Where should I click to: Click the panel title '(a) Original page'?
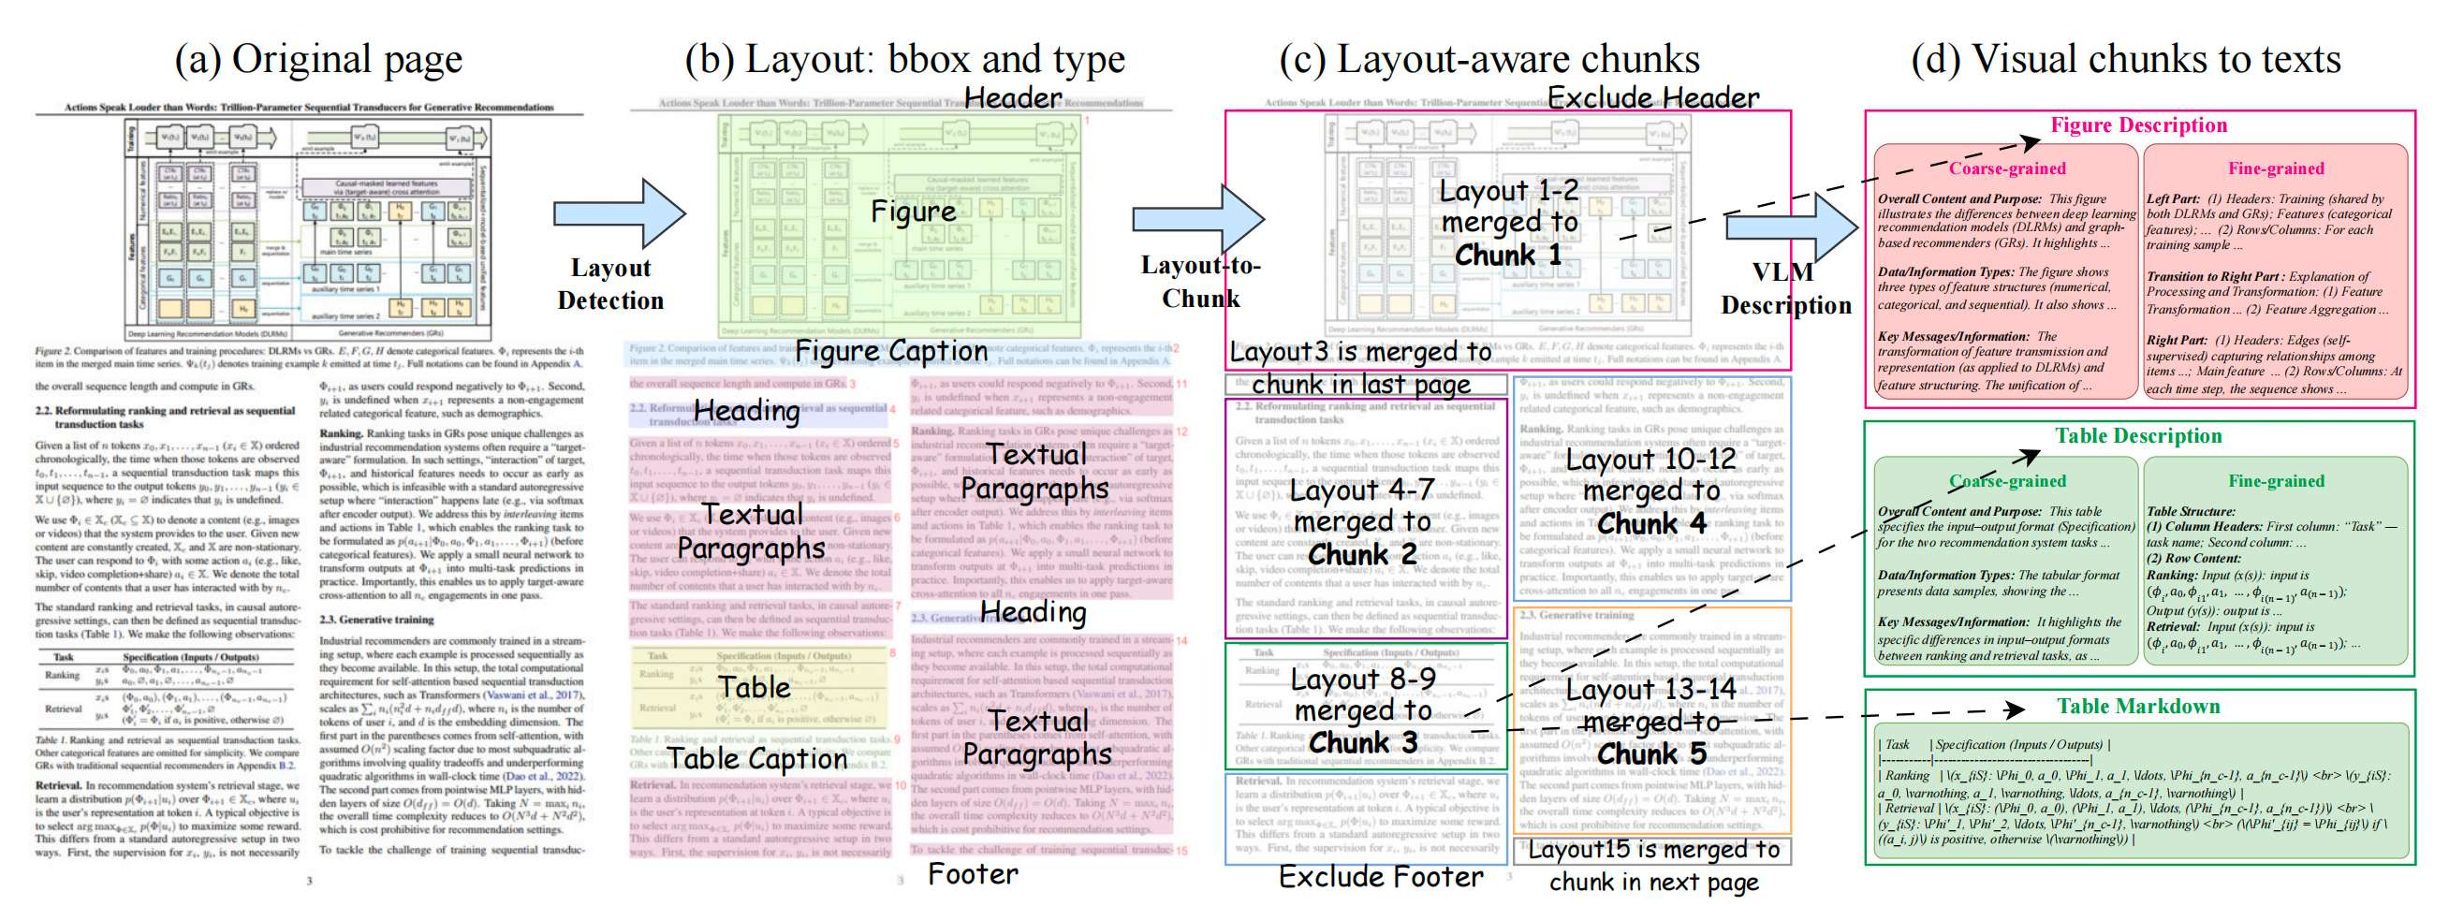point(318,59)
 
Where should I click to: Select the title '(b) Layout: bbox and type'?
point(904,59)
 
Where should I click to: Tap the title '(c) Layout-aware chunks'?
point(1488,59)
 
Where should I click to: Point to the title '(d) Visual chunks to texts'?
point(2126,59)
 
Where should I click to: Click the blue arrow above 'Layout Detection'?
point(619,214)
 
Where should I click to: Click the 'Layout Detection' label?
point(610,285)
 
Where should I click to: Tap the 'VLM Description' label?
point(1785,289)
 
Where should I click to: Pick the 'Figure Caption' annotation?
point(891,352)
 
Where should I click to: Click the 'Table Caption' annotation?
point(756,759)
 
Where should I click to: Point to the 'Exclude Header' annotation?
point(1653,98)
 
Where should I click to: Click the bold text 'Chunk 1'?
point(1508,256)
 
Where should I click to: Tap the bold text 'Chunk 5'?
point(1651,753)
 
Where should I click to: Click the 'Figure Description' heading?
point(2138,125)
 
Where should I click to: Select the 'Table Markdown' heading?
point(2138,707)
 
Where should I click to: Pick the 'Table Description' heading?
point(2138,436)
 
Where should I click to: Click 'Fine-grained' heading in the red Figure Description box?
point(2276,168)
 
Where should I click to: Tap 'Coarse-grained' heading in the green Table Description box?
point(2007,481)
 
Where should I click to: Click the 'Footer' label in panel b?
point(973,873)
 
